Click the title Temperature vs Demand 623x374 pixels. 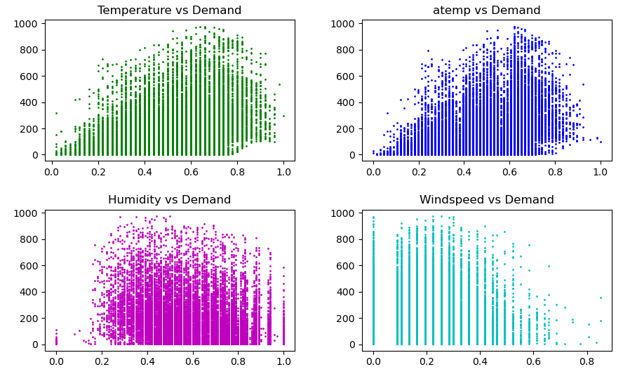click(x=169, y=11)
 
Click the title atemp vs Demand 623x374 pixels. click(x=486, y=11)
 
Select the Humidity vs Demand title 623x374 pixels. click(x=169, y=200)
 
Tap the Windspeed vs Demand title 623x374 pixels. click(x=486, y=200)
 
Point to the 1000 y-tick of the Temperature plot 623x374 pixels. click(x=27, y=24)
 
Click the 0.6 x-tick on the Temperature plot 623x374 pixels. click(x=191, y=171)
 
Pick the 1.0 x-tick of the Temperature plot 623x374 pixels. click(x=283, y=171)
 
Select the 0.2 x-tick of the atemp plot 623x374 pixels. click(x=418, y=171)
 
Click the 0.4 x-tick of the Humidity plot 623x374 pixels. click(x=147, y=360)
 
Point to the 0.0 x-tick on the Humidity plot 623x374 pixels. click(x=56, y=360)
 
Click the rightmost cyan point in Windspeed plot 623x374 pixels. click(x=601, y=298)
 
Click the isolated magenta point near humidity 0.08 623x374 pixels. click(x=74, y=334)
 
